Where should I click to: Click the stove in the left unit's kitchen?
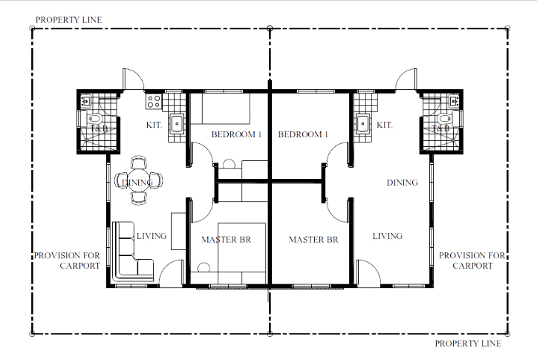click(154, 102)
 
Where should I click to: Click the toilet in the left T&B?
click(94, 119)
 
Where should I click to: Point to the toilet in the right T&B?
click(444, 119)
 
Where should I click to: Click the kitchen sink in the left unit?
click(176, 123)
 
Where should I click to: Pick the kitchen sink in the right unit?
click(362, 124)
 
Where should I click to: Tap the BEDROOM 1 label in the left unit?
click(236, 134)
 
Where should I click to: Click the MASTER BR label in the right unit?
click(313, 240)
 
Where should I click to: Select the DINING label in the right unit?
click(402, 183)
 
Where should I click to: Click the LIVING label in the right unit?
click(388, 236)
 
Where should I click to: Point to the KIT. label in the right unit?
click(384, 125)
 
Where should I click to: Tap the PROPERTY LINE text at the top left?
click(69, 20)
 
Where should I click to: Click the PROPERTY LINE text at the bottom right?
click(468, 343)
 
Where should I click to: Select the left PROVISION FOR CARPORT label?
click(67, 261)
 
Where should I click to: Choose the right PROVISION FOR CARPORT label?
click(472, 261)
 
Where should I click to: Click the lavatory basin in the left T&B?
click(85, 101)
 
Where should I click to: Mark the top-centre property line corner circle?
click(270, 28)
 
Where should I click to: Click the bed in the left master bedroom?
click(242, 253)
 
